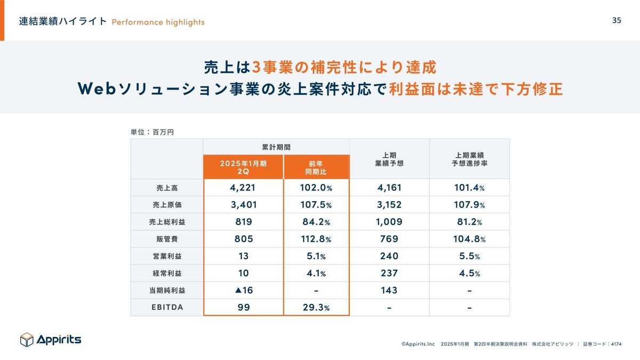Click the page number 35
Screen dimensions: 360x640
click(x=616, y=21)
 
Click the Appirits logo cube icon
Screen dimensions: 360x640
click(x=27, y=339)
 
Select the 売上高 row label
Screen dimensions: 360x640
click(x=166, y=188)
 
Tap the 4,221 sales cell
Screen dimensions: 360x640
click(x=243, y=188)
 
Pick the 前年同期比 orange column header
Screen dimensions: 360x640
click(x=316, y=167)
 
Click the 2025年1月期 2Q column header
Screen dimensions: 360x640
click(x=243, y=167)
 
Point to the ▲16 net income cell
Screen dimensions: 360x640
click(x=243, y=290)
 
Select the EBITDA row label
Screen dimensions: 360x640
click(x=166, y=307)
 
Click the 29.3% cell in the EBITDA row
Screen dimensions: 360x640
click(x=316, y=307)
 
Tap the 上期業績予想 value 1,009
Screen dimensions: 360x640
click(x=389, y=222)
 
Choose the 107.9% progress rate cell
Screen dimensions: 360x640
click(x=469, y=205)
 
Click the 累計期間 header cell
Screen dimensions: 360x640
click(x=276, y=147)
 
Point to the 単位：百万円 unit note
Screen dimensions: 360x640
click(x=152, y=131)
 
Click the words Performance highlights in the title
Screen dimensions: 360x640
click(x=158, y=22)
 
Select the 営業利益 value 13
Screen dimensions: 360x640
click(x=243, y=256)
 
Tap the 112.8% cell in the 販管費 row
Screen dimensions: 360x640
click(x=316, y=239)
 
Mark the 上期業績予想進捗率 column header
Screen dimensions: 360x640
click(x=469, y=159)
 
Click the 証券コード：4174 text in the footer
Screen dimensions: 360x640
click(x=602, y=345)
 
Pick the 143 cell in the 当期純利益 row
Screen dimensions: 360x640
click(x=389, y=290)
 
